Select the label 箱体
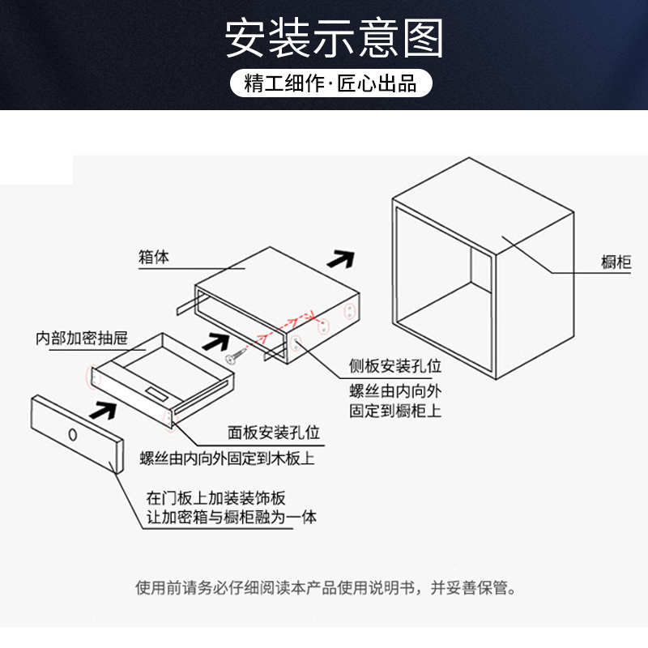click(154, 258)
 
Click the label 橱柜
click(616, 262)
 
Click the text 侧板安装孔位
click(395, 368)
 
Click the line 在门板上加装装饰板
click(216, 497)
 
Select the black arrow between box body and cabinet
click(340, 260)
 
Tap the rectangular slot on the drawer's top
click(158, 395)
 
